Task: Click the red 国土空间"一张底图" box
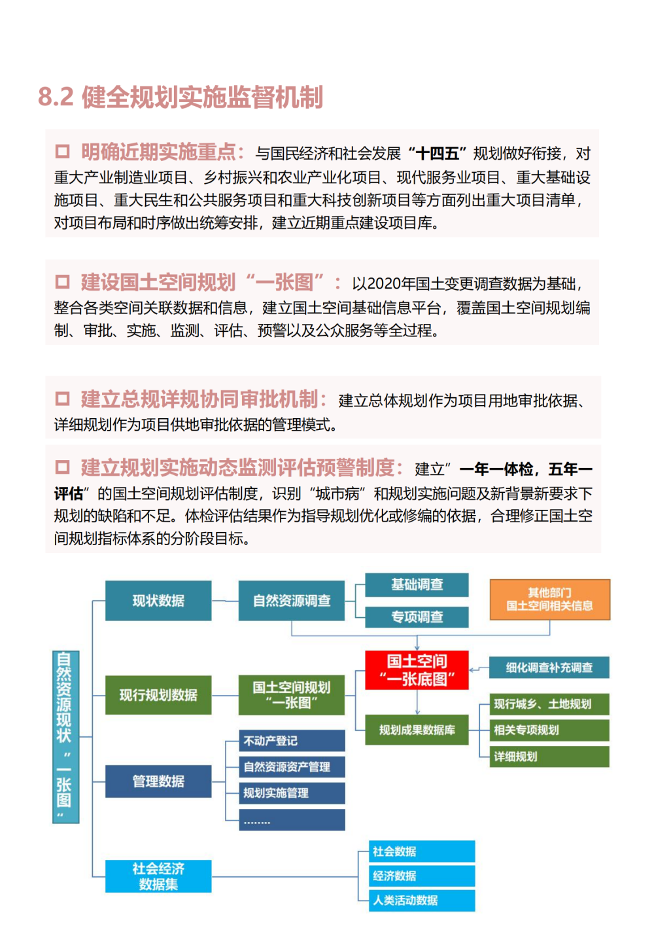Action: pyautogui.click(x=417, y=669)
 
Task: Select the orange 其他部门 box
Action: pyautogui.click(x=549, y=599)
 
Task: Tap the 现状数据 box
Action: pyautogui.click(x=158, y=601)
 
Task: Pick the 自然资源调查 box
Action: pyautogui.click(x=292, y=601)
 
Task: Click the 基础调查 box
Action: pyautogui.click(x=417, y=584)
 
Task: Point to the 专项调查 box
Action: pyautogui.click(x=417, y=616)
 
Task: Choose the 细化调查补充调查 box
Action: pyautogui.click(x=549, y=668)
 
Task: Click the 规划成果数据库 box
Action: pyautogui.click(x=417, y=730)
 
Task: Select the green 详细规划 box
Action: pyautogui.click(x=549, y=757)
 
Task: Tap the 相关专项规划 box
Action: pyautogui.click(x=549, y=730)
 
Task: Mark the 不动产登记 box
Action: pyautogui.click(x=292, y=741)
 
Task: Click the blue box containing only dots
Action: pyautogui.click(x=292, y=820)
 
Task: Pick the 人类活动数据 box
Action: pyautogui.click(x=422, y=900)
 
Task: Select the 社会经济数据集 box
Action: pyautogui.click(x=158, y=876)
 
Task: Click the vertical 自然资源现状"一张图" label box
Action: pyautogui.click(x=65, y=737)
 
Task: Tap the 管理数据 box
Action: pyautogui.click(x=158, y=781)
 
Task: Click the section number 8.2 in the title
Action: pyautogui.click(x=56, y=97)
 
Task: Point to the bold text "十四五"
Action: pyautogui.click(x=437, y=154)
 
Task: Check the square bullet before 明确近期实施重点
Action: pyautogui.click(x=62, y=152)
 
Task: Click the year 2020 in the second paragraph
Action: pyautogui.click(x=384, y=283)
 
